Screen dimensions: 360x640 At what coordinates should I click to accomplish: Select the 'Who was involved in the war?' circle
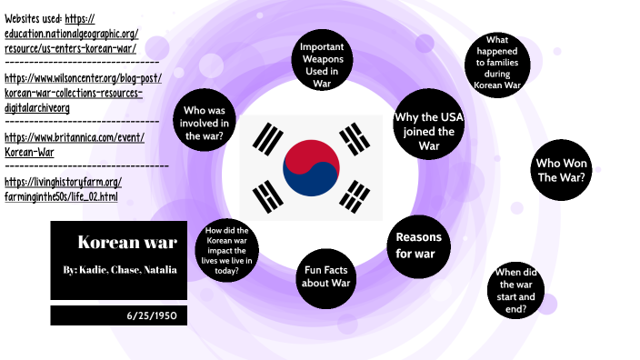(205, 123)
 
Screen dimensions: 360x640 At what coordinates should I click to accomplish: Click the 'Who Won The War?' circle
(559, 170)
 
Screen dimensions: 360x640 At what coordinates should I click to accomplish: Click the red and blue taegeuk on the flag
(311, 168)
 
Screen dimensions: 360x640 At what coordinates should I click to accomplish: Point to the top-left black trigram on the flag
(267, 138)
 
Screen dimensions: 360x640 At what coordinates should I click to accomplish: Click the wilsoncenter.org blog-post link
(82, 93)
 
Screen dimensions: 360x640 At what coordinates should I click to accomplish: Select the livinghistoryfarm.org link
(62, 189)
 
